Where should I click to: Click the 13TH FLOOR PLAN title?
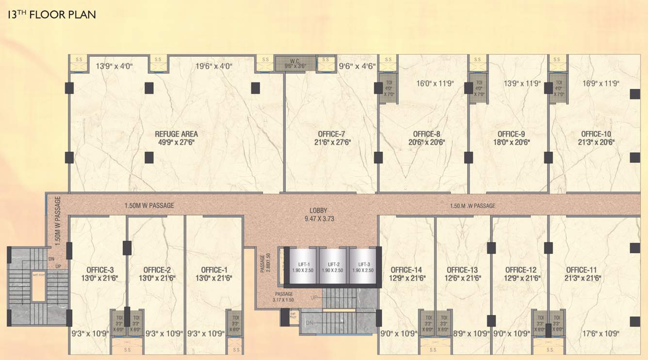pyautogui.click(x=51, y=15)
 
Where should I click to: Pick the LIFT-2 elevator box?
pyautogui.click(x=333, y=267)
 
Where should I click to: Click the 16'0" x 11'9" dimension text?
pyautogui.click(x=435, y=83)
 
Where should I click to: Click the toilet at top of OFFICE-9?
pyautogui.click(x=479, y=88)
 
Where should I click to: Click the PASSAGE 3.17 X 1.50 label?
pyautogui.click(x=284, y=297)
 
